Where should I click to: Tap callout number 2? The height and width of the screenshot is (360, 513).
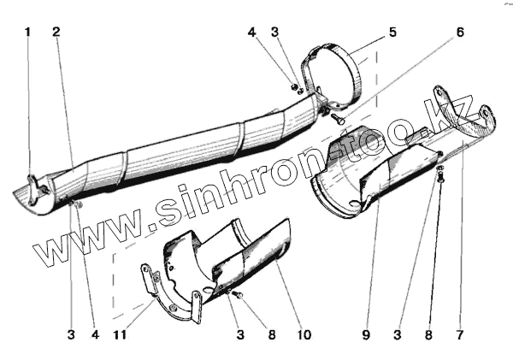56,32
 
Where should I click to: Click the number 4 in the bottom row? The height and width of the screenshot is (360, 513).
96,335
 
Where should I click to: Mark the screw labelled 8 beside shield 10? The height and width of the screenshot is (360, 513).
238,296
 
